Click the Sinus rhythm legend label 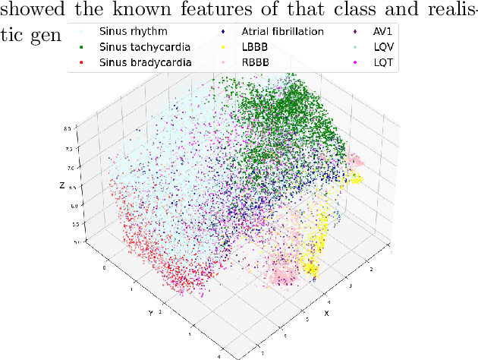point(134,33)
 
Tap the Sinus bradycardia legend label point(146,62)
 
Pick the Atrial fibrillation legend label point(282,33)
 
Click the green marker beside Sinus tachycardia point(83,47)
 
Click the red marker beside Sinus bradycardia point(83,62)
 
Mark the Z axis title point(61,185)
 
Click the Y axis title point(152,312)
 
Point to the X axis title point(326,312)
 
